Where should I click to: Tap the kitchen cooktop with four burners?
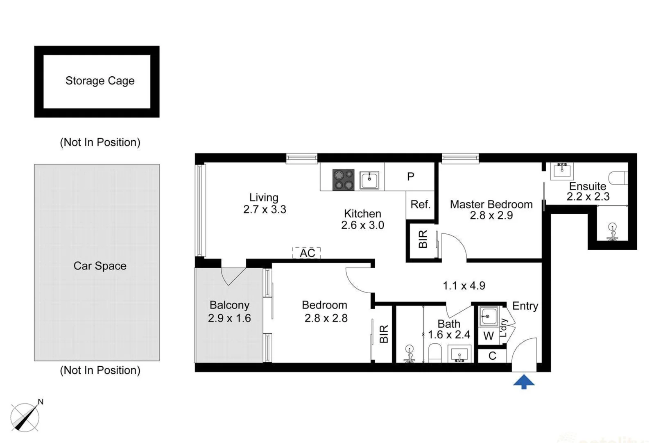(x=343, y=180)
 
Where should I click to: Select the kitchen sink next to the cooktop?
(x=369, y=180)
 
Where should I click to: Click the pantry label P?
(x=411, y=176)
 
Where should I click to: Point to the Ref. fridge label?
(x=420, y=204)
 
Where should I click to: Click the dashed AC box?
(x=307, y=253)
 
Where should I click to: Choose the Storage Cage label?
(x=100, y=81)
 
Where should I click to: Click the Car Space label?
(x=100, y=266)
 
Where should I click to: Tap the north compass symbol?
(x=25, y=417)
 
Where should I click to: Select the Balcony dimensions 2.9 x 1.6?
(x=229, y=318)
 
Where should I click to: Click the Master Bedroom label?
(x=491, y=204)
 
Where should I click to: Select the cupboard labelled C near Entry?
(x=492, y=356)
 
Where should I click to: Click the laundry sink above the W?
(x=488, y=316)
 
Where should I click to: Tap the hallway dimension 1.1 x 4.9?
(x=464, y=286)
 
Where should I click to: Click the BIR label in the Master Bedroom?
(x=423, y=239)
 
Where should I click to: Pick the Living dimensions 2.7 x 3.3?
(x=265, y=210)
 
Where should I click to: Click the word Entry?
(x=525, y=306)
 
